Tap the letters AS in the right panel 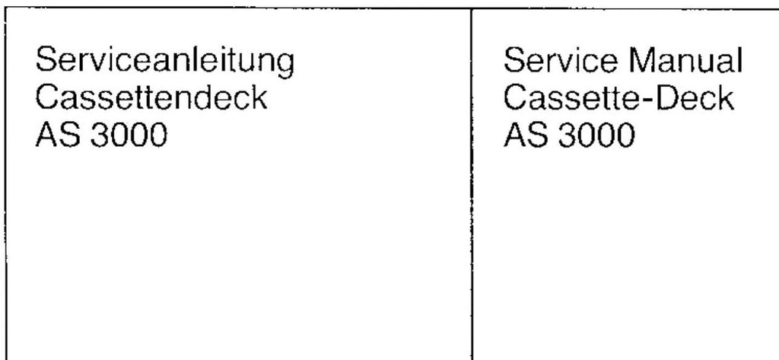coord(523,137)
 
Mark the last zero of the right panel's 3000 coord(625,137)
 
